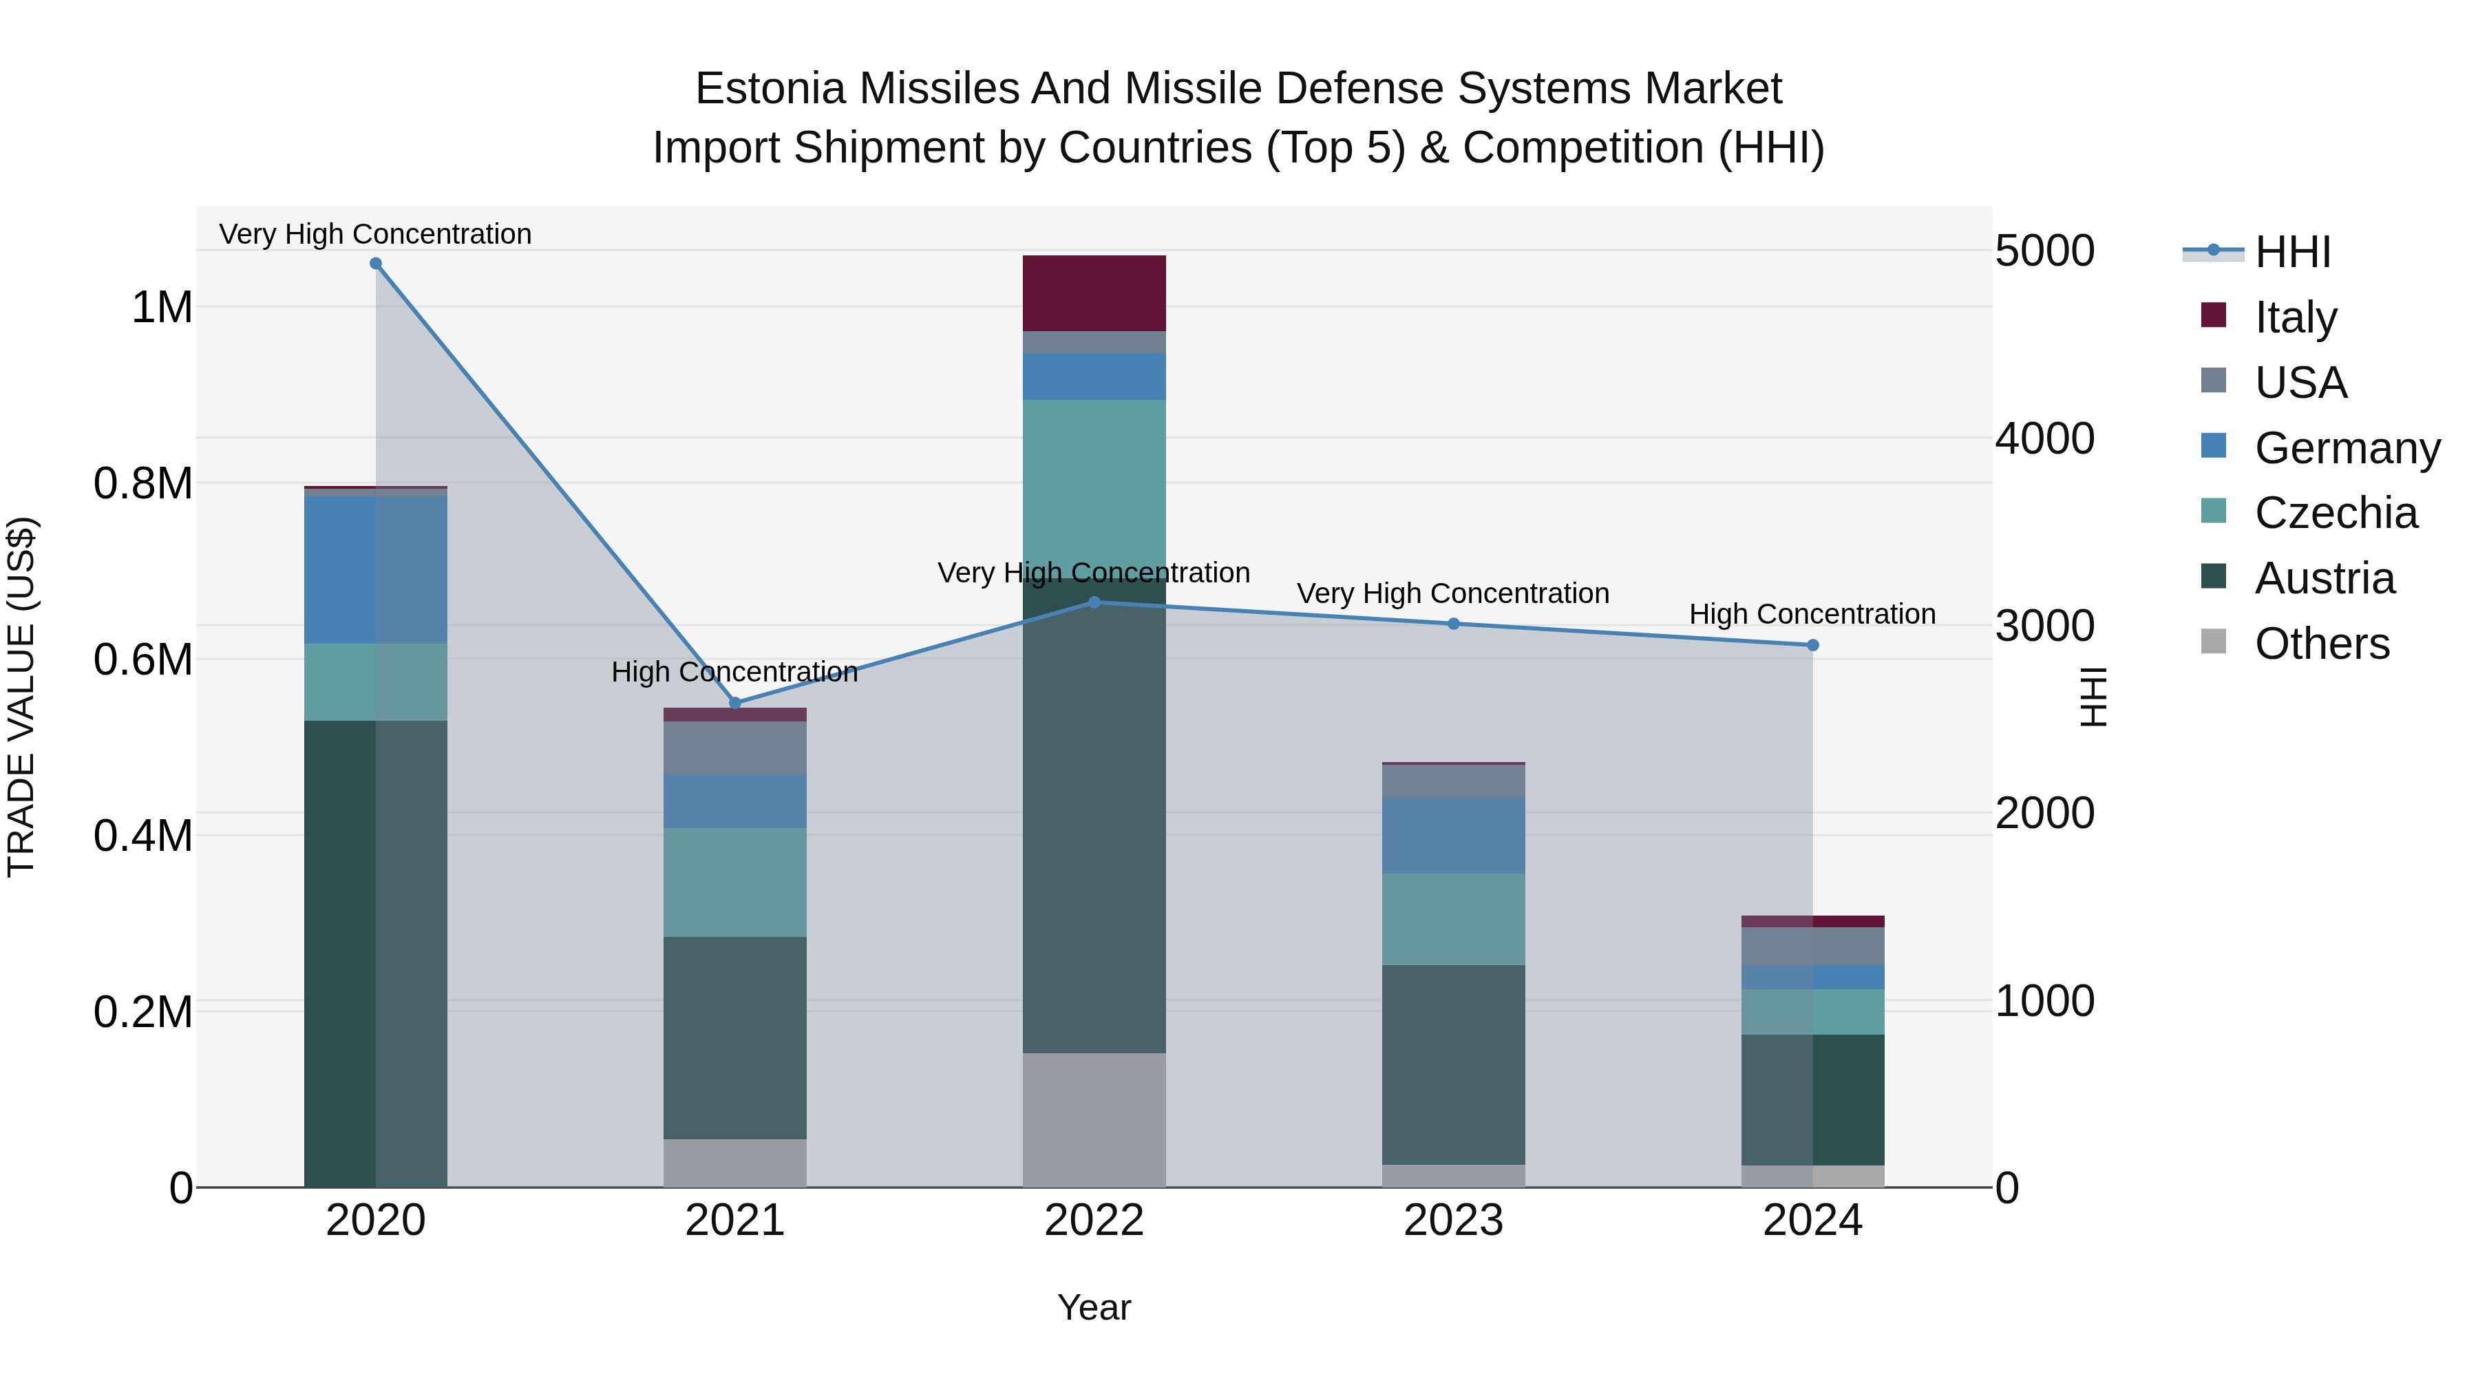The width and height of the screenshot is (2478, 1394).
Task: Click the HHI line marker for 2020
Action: (376, 264)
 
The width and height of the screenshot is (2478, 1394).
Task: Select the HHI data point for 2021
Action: (735, 704)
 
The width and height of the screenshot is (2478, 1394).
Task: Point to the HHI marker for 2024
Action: (1813, 646)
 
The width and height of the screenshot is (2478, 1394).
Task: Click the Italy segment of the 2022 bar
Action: (1094, 293)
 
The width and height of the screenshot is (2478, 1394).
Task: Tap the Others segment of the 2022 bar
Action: (1094, 1120)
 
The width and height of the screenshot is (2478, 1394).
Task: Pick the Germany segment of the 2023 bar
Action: (1454, 835)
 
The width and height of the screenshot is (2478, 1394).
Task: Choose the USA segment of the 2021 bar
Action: (735, 748)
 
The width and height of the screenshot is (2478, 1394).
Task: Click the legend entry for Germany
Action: (2347, 447)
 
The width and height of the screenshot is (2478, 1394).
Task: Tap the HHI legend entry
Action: (2291, 252)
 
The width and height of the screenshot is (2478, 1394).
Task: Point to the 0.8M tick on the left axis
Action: (142, 483)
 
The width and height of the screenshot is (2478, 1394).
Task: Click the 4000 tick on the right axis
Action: (2044, 439)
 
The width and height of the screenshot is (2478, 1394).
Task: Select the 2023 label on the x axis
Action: (1454, 1221)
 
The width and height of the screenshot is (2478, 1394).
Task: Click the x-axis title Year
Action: (1094, 1307)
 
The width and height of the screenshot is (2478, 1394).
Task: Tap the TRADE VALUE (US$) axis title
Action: (21, 697)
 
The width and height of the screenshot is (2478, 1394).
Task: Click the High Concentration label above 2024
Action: (1812, 614)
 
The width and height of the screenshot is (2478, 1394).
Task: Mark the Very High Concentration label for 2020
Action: (375, 234)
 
